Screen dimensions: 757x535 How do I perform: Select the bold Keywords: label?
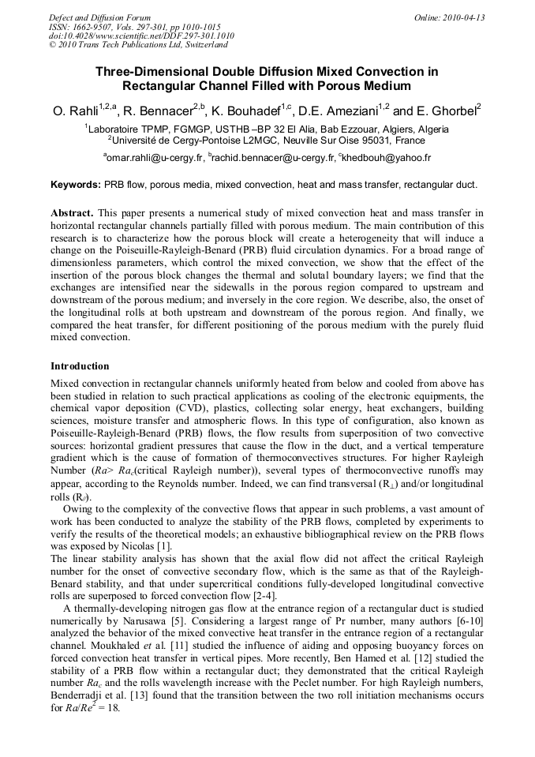click(76, 185)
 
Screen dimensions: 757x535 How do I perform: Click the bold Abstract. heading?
click(73, 214)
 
